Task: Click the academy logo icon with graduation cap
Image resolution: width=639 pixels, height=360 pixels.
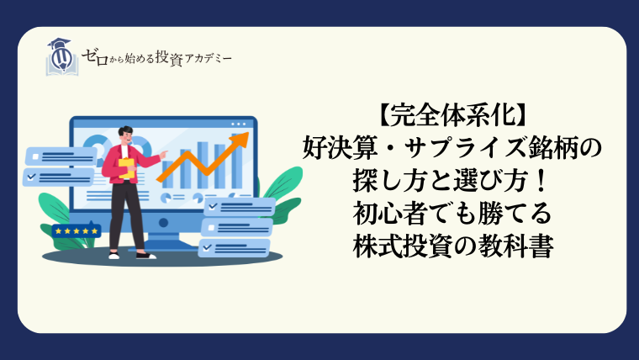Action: point(62,57)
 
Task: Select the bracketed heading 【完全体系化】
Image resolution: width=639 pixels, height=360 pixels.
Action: point(452,116)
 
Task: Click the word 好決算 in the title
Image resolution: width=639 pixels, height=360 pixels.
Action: point(339,148)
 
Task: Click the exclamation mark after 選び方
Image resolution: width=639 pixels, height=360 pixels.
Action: point(541,181)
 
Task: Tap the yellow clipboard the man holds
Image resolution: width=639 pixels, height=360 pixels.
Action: point(126,168)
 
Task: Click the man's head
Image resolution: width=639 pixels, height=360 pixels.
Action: point(125,135)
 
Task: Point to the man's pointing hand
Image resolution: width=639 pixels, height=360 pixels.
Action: point(163,155)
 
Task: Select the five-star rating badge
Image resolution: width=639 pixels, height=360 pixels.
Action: point(77,230)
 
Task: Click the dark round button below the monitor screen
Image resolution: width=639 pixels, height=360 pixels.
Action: point(163,223)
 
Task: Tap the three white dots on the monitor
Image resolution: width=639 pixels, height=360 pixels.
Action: point(239,124)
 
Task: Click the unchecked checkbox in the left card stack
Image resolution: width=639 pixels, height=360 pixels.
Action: point(35,156)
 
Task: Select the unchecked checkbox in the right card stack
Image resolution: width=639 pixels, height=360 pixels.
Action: point(211,228)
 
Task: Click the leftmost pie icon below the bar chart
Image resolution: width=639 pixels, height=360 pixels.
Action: point(166,199)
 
